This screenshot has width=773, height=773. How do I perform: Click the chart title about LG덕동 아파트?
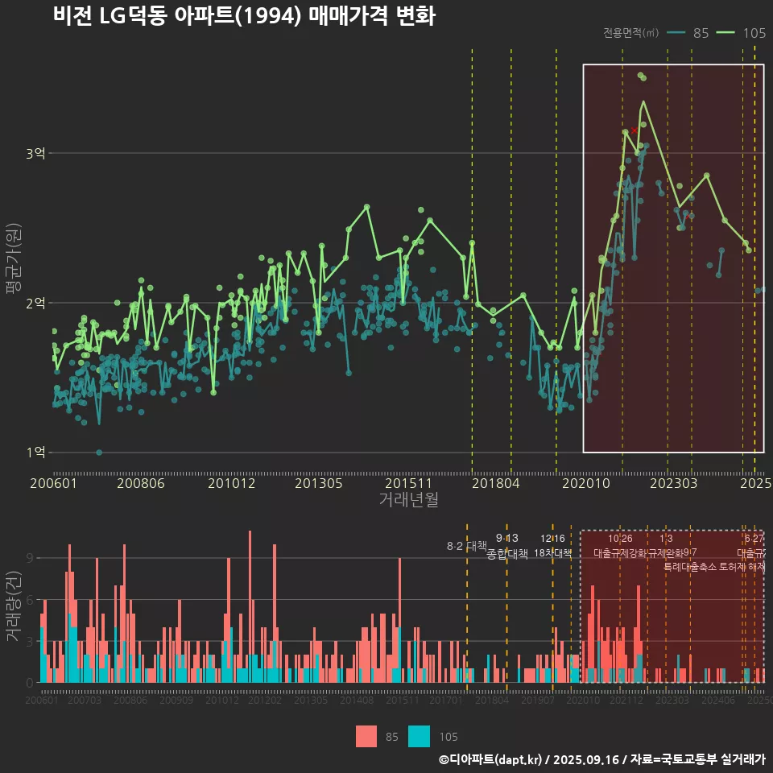click(244, 16)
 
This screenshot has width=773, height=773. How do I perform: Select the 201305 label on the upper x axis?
click(319, 484)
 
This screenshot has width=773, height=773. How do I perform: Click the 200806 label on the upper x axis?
click(141, 484)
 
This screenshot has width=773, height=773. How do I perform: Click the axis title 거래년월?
click(408, 500)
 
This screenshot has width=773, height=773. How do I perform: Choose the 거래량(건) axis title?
click(14, 608)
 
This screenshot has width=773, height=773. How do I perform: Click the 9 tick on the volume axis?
click(31, 558)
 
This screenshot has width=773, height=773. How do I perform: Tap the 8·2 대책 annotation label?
click(467, 546)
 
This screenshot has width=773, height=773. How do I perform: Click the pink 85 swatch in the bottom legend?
click(366, 736)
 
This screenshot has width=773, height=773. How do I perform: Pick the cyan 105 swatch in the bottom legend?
click(420, 736)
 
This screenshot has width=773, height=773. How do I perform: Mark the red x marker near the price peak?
click(634, 130)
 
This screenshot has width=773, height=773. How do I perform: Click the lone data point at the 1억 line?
click(99, 453)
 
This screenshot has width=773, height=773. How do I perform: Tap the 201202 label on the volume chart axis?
click(265, 701)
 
